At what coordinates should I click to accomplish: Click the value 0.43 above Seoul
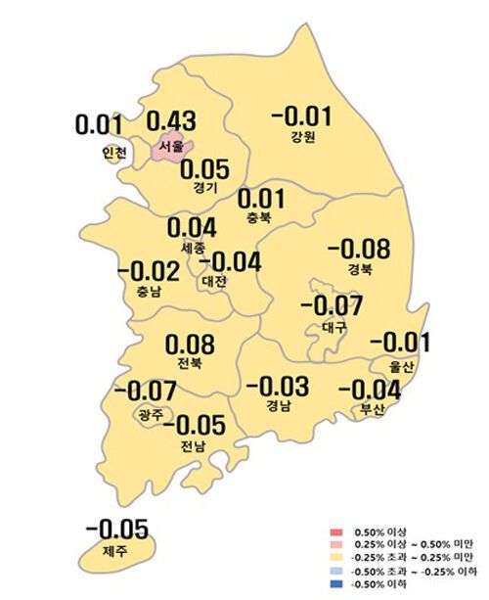171,122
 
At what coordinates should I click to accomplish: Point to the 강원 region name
302,137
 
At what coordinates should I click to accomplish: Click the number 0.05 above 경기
204,169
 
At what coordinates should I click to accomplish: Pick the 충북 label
257,218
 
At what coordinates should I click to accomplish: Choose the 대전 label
214,282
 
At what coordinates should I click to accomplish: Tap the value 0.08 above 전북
190,346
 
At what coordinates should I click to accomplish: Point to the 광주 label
152,415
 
